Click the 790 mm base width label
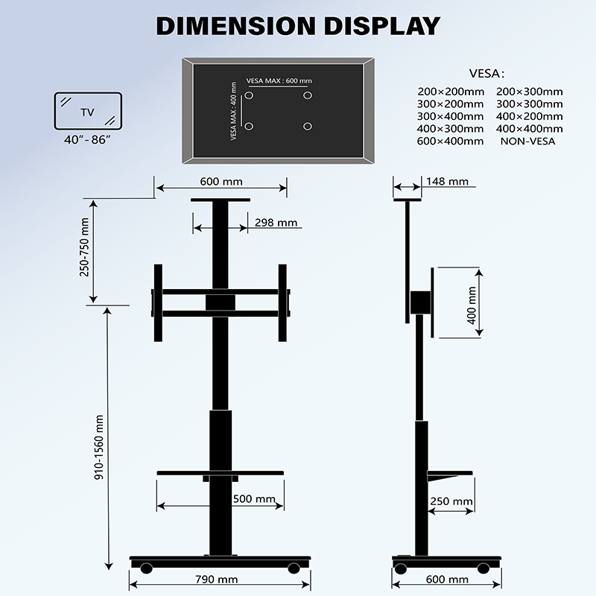click(x=218, y=579)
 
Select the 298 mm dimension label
click(x=276, y=222)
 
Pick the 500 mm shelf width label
click(x=254, y=499)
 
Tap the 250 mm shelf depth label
click(x=451, y=501)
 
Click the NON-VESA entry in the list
click(x=527, y=141)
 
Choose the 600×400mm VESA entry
click(x=450, y=141)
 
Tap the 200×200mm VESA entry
click(x=450, y=92)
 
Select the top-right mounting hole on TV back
click(x=307, y=95)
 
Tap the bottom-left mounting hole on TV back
click(x=250, y=126)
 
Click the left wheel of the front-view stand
click(x=147, y=568)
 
